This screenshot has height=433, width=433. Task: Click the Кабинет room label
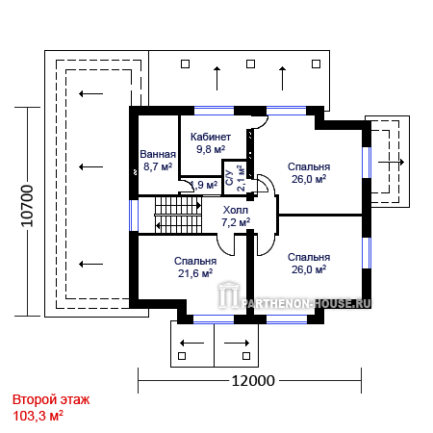(211, 137)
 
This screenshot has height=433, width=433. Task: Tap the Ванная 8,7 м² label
(158, 161)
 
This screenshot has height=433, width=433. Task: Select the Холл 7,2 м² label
(236, 216)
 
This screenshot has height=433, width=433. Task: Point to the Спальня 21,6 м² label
(195, 267)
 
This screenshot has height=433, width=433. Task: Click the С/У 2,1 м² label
(236, 178)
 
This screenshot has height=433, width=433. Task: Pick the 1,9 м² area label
(204, 185)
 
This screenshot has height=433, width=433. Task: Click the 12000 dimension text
(253, 381)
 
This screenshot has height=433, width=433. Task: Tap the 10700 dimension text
(27, 206)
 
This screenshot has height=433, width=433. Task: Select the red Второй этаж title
(51, 400)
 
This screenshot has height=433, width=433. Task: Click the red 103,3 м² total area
(38, 416)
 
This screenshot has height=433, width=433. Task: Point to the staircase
(178, 215)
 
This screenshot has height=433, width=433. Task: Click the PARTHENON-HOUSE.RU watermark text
(306, 303)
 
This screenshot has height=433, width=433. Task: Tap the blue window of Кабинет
(214, 111)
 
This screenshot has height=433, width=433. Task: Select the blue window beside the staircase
(134, 216)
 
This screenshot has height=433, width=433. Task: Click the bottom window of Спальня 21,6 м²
(214, 319)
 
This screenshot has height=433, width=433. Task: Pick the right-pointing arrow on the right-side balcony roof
(391, 163)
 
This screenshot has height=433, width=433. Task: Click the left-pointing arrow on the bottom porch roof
(191, 344)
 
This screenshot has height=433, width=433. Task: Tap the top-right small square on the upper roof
(316, 64)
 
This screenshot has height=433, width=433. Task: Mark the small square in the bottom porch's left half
(182, 356)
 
